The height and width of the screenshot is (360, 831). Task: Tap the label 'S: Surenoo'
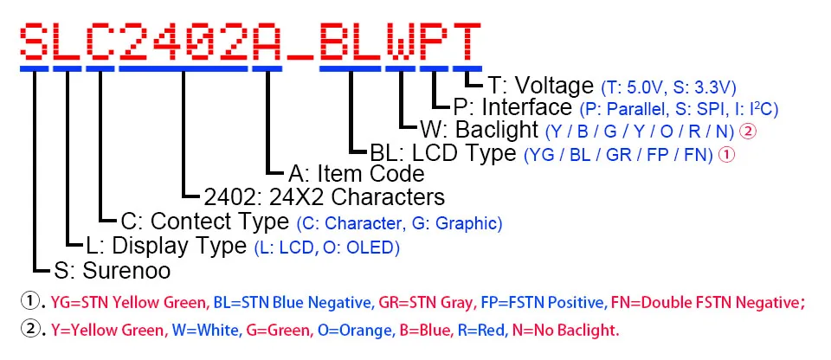[112, 271]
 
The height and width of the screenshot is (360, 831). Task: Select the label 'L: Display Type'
[167, 247]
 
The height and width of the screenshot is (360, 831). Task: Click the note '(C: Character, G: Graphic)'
[398, 223]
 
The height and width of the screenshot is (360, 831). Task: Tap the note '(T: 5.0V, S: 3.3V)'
[668, 87]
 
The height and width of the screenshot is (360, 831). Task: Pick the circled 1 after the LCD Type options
[727, 155]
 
